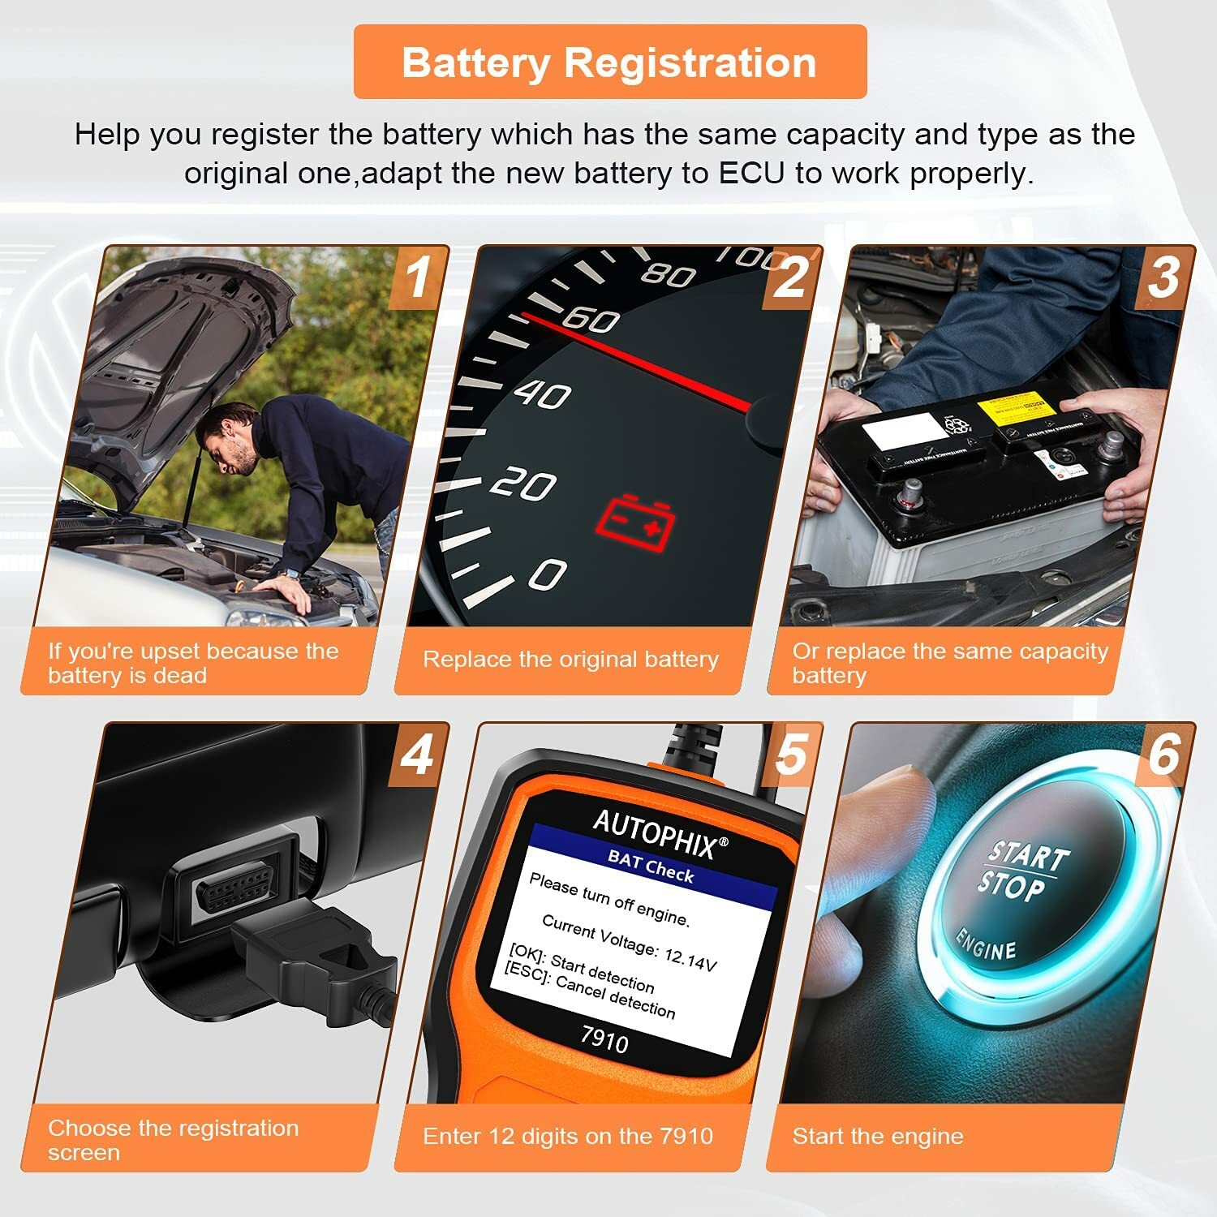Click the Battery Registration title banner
(610, 62)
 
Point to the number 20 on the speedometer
(522, 485)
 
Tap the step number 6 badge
(1164, 755)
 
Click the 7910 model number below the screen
(604, 1039)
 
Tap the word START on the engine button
(1028, 855)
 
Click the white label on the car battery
(899, 430)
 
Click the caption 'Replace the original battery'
(570, 660)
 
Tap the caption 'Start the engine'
(878, 1137)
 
